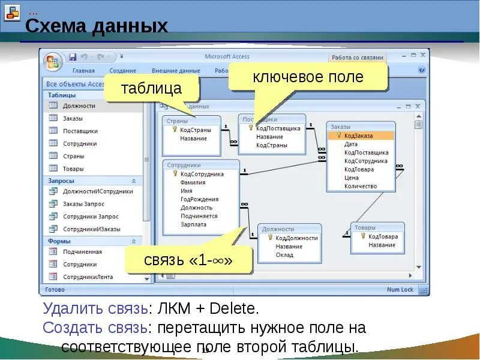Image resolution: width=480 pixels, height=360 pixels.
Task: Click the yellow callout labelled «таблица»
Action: pos(151,89)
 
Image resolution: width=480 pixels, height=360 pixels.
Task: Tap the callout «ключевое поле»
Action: pos(308,77)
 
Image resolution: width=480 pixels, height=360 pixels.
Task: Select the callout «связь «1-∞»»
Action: pos(187,260)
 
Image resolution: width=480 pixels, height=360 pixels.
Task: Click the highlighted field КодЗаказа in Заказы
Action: pos(359,136)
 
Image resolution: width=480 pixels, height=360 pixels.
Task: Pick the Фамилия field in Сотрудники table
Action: pos(193,182)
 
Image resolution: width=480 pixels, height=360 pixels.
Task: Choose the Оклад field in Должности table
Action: pos(284,254)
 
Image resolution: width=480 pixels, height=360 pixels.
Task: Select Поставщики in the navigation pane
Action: pos(80,131)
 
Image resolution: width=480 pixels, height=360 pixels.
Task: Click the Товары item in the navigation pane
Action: pos(73,169)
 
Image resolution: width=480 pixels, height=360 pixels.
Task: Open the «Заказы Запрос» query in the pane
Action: pos(83,204)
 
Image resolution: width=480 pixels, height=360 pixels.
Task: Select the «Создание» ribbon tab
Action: pos(122,70)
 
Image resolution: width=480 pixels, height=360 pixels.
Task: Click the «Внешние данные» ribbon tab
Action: pos(176,70)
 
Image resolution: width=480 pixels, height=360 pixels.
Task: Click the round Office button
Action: pos(53,62)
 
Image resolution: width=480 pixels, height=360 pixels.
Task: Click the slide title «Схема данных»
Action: pos(96,26)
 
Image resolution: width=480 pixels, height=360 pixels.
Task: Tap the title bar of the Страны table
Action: pos(191,121)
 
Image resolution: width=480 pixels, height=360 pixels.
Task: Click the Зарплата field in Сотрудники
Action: pos(193,224)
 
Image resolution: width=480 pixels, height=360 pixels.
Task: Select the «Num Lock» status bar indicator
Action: pos(400,290)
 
